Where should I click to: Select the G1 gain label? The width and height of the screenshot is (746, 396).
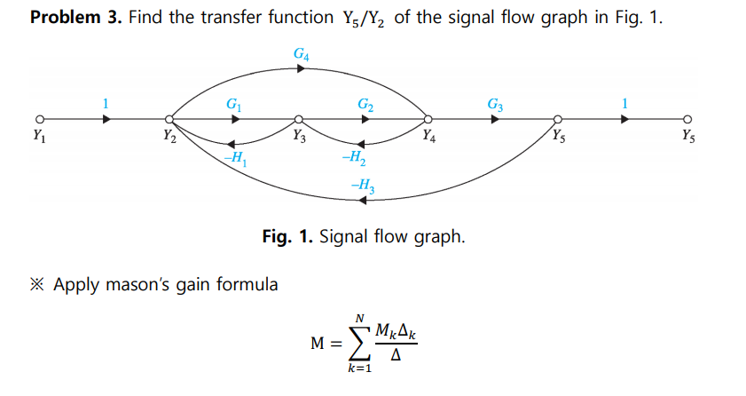pyautogui.click(x=233, y=104)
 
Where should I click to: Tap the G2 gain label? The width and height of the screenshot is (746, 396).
pyautogui.click(x=365, y=105)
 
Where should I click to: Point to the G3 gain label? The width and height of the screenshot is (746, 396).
pyautogui.click(x=496, y=104)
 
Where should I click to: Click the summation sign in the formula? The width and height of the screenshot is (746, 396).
pyautogui.click(x=358, y=343)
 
